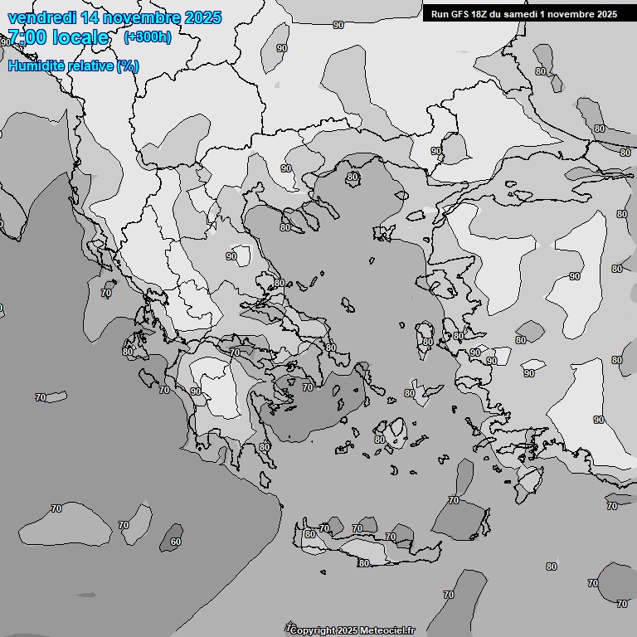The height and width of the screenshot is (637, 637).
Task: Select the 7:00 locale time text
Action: (58, 37)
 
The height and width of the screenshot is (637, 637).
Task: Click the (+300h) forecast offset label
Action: (147, 37)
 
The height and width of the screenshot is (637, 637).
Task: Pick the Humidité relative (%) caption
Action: (73, 66)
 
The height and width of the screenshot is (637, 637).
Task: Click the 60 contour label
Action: (175, 542)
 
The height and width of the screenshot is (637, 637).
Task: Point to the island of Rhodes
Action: (528, 480)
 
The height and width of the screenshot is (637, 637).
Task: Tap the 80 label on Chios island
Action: (427, 342)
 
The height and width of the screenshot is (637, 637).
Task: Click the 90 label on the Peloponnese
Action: (196, 391)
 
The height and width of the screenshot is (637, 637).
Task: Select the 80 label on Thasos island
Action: (353, 177)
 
